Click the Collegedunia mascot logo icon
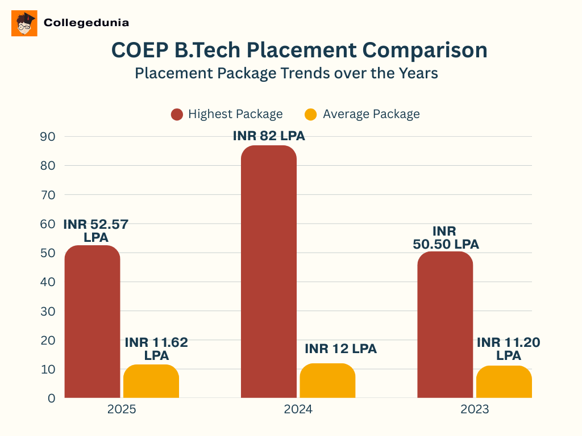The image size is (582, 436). click(24, 23)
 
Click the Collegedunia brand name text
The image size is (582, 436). click(86, 23)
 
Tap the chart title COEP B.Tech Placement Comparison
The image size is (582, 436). click(299, 50)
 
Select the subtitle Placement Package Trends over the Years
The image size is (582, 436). click(286, 73)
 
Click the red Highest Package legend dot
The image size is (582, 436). click(177, 114)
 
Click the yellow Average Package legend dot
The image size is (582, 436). click(311, 114)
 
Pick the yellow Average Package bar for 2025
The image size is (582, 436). click(151, 381)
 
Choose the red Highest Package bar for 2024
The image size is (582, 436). click(269, 272)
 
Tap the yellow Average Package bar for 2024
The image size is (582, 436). click(327, 381)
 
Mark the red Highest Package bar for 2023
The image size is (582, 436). click(445, 325)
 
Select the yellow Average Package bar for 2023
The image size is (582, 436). click(504, 382)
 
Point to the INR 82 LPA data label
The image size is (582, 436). click(269, 136)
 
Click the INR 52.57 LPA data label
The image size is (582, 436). click(95, 230)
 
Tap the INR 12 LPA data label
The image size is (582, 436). click(340, 349)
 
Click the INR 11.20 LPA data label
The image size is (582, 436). click(508, 349)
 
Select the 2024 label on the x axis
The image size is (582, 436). click(298, 410)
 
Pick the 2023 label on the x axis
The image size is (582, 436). click(475, 410)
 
